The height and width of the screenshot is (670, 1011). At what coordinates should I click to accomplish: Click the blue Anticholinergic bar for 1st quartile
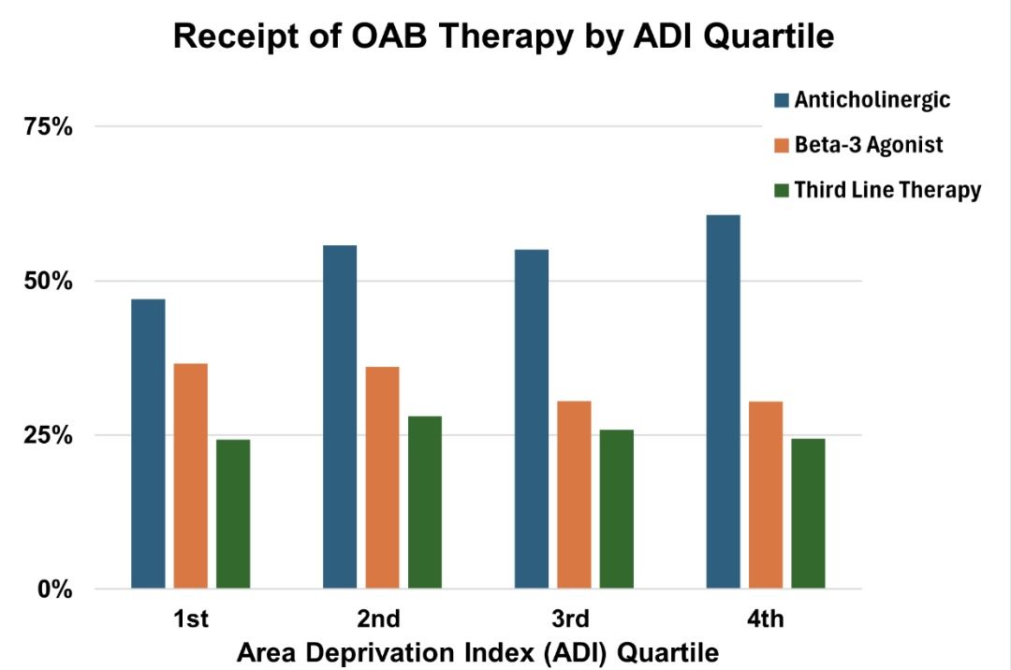click(148, 444)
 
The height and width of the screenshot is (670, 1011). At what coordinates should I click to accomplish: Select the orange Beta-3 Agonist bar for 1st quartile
click(190, 475)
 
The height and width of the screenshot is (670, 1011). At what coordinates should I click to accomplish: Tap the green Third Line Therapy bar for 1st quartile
click(233, 514)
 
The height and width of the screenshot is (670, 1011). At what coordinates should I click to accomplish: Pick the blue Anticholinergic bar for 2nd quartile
click(340, 416)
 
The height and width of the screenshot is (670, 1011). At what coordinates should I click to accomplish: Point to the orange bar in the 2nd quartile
click(382, 477)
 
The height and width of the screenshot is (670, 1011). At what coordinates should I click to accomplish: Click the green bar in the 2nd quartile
click(425, 502)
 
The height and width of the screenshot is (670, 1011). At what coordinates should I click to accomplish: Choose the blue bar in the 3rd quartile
click(532, 419)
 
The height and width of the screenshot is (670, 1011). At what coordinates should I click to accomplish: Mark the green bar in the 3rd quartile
click(617, 509)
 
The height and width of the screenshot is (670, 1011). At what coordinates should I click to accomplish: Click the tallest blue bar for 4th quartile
click(724, 401)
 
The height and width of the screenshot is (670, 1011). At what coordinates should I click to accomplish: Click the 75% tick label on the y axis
click(48, 127)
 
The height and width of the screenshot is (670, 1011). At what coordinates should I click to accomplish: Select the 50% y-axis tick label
click(48, 282)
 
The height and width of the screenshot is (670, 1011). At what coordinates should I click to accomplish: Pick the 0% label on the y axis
click(54, 590)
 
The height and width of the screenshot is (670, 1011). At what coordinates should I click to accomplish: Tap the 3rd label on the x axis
click(570, 619)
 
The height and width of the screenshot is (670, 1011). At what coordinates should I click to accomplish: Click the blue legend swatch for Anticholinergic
click(782, 99)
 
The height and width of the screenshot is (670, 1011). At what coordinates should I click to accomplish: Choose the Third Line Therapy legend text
click(887, 190)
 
